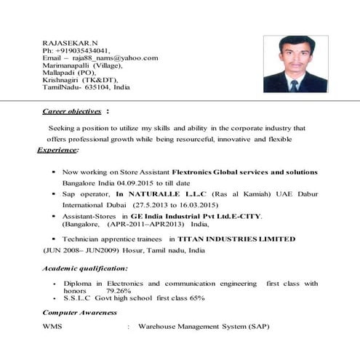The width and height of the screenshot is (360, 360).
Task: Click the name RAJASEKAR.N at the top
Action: click(71, 42)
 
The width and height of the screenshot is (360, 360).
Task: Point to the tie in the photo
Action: click(295, 86)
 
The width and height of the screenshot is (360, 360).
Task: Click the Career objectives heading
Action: click(72, 111)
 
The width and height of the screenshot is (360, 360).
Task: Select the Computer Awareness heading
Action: click(79, 313)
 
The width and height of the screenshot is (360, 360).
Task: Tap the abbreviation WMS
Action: click(52, 327)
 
